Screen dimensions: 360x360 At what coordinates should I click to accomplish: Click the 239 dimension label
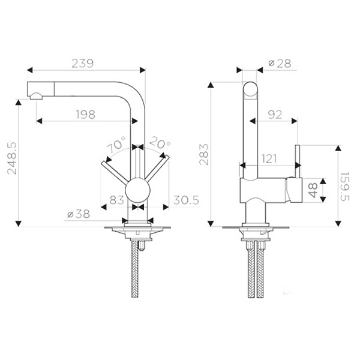click(83, 64)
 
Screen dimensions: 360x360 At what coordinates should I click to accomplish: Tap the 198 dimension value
click(85, 115)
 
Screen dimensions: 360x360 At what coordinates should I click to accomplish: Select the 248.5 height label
click(12, 158)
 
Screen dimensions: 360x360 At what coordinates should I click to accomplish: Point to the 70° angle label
click(116, 145)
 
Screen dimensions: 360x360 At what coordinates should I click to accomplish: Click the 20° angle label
click(160, 143)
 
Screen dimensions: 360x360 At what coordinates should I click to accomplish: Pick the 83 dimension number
click(116, 200)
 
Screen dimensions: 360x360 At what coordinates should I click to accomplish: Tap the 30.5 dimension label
click(186, 200)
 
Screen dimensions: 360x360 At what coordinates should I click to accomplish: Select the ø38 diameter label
click(79, 214)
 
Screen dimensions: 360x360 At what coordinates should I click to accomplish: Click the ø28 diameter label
click(280, 64)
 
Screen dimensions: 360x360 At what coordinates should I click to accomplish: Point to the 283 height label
click(204, 154)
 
